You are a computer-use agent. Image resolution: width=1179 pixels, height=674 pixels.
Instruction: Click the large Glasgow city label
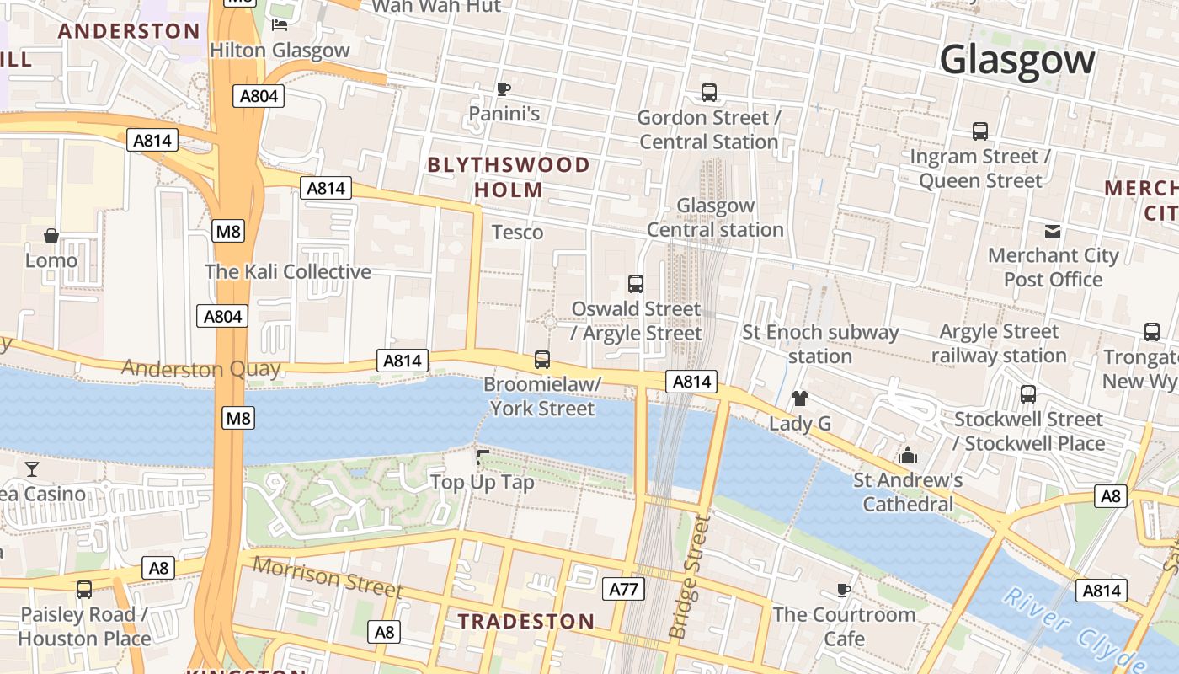click(x=1016, y=60)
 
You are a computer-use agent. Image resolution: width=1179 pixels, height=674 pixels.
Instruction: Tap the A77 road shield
click(x=623, y=589)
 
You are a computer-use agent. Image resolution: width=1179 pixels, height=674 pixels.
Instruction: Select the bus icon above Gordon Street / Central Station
click(x=709, y=93)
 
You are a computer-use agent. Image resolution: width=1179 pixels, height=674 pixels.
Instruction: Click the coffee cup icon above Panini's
click(x=504, y=88)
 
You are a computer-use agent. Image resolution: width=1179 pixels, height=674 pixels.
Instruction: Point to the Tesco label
click(x=517, y=232)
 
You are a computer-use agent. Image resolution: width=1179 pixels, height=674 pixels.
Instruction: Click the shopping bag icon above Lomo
click(x=51, y=236)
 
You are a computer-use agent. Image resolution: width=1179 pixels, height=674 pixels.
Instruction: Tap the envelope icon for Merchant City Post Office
click(x=1053, y=232)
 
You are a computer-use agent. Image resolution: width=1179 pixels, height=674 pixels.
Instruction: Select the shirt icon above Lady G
click(x=799, y=399)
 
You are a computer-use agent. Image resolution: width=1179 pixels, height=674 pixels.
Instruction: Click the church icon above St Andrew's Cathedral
click(x=908, y=456)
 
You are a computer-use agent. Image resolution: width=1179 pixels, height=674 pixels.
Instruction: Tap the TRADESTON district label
click(x=526, y=622)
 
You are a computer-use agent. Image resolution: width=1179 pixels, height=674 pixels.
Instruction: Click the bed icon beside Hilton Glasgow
click(x=280, y=25)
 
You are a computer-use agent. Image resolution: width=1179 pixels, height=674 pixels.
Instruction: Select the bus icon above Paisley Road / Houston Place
click(x=84, y=590)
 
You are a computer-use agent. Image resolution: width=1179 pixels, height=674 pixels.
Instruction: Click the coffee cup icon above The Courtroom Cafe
click(x=844, y=590)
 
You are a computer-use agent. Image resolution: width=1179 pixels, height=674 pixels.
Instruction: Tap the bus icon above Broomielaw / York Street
click(x=542, y=361)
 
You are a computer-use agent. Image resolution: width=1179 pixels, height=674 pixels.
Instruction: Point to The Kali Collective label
click(x=288, y=272)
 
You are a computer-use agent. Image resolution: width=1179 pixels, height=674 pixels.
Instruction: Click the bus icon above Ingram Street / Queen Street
click(x=980, y=131)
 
